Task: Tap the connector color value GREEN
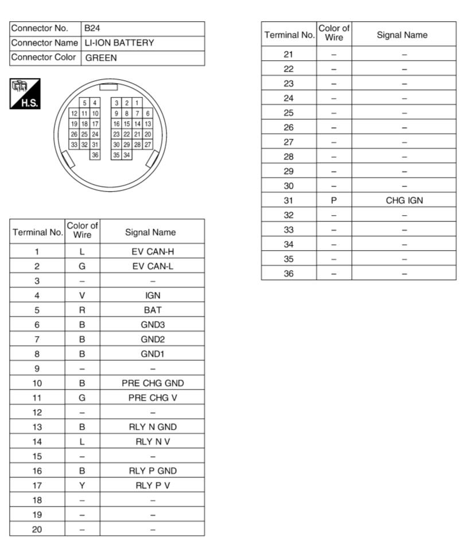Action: [x=102, y=58]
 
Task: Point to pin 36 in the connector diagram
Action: [x=95, y=155]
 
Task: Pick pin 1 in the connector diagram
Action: [x=137, y=103]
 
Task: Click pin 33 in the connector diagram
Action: [x=74, y=145]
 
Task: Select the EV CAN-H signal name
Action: [x=152, y=251]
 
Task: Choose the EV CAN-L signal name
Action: [x=152, y=266]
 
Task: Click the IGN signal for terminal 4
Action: [x=152, y=295]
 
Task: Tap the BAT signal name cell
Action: [x=152, y=310]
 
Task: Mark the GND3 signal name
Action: [x=152, y=324]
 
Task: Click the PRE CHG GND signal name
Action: [x=152, y=383]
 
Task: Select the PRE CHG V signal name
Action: [x=152, y=398]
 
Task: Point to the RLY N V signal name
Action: [x=152, y=441]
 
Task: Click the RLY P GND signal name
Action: [x=152, y=471]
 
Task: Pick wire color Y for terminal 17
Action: [x=82, y=485]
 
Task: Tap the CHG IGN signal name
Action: [x=404, y=200]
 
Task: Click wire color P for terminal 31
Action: [x=334, y=200]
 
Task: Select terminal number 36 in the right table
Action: [x=289, y=274]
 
